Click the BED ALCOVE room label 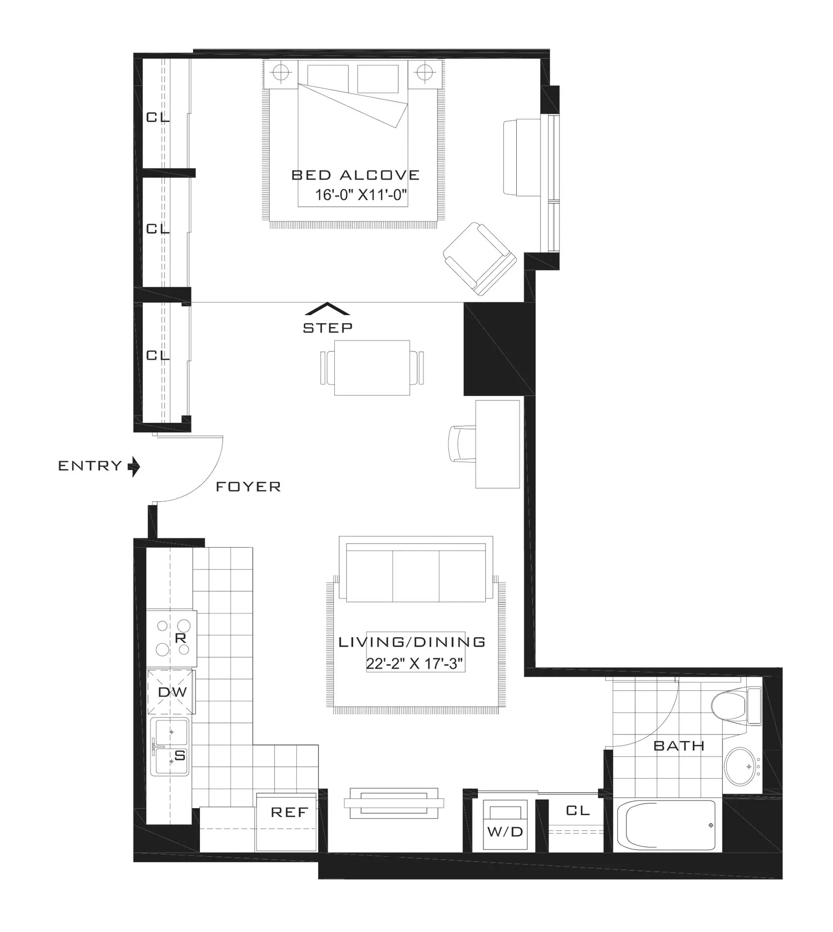point(355,175)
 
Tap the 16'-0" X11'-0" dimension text point(360,195)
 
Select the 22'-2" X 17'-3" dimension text point(415,664)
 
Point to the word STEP point(327,328)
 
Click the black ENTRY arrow point(134,467)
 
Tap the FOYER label point(248,486)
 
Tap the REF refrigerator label point(289,812)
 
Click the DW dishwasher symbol point(172,692)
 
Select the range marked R point(172,638)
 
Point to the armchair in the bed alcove point(479,258)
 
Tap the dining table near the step point(372,367)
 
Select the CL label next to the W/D point(577,810)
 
